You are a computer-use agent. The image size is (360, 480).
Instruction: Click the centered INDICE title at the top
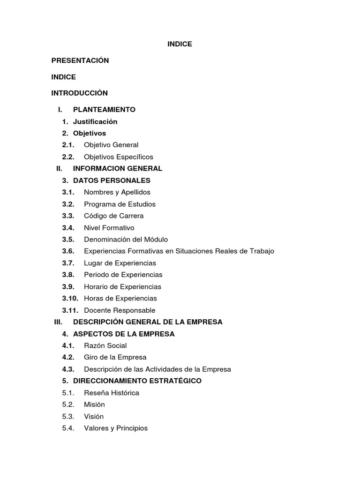click(180, 44)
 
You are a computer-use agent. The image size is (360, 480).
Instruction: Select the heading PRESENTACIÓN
click(80, 60)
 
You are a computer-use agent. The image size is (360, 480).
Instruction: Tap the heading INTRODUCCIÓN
click(80, 93)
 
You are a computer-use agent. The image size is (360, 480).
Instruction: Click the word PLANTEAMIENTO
click(104, 110)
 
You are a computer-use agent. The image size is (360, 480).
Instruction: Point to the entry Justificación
click(95, 122)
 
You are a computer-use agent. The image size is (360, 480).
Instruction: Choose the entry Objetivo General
click(111, 145)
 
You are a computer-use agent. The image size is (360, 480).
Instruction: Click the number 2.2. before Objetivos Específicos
click(68, 157)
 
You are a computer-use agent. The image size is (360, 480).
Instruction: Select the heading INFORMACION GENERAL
click(118, 169)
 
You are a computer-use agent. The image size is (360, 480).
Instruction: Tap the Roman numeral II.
click(59, 169)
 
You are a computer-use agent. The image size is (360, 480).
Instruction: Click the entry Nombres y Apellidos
click(117, 192)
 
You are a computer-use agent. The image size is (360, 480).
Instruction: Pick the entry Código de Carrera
click(114, 216)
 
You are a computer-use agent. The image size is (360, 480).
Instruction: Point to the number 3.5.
click(68, 240)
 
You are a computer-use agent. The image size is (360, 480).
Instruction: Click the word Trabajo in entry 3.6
click(262, 251)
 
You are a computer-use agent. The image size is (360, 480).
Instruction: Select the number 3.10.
click(70, 299)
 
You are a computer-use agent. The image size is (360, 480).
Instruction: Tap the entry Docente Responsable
click(120, 310)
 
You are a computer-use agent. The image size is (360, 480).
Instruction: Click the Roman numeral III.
click(58, 322)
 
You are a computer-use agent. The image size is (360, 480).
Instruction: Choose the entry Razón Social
click(105, 346)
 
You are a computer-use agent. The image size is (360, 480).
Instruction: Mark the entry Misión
click(94, 405)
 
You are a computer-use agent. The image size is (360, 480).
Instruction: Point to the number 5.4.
click(68, 428)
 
